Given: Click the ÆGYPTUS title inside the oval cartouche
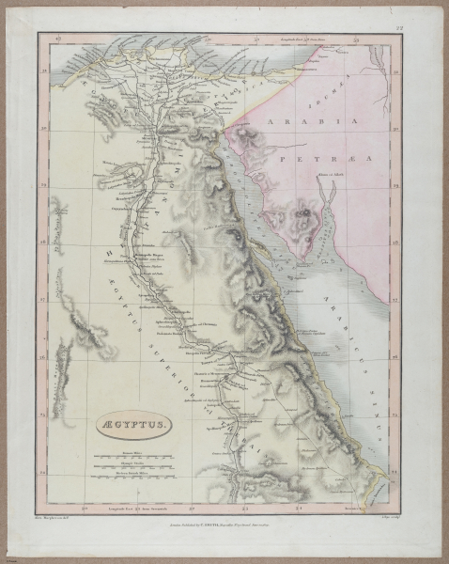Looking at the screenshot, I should [x=131, y=426].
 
